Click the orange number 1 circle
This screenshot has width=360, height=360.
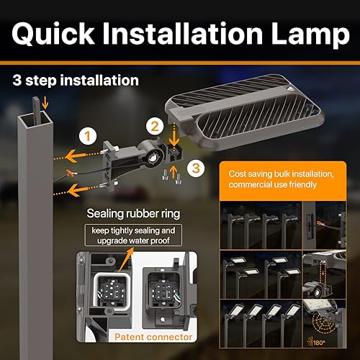tap(87, 135)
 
